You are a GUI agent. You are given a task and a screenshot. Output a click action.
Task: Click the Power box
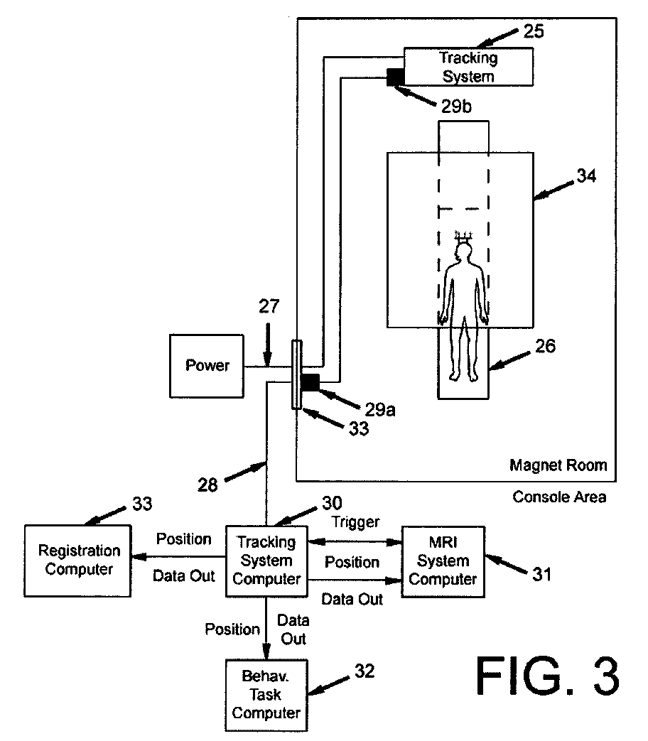click(x=207, y=366)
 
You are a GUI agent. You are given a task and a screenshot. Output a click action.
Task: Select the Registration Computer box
click(x=78, y=561)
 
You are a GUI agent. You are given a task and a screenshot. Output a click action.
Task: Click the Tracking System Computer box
click(x=266, y=561)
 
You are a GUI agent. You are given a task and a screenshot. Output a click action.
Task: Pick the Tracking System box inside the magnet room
click(x=468, y=66)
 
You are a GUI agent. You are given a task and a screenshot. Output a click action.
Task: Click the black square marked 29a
click(x=310, y=382)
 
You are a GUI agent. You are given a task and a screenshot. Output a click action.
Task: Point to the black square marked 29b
click(x=395, y=76)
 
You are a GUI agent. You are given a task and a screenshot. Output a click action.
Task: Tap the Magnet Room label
click(x=558, y=465)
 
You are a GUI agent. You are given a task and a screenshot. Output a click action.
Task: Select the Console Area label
click(x=559, y=497)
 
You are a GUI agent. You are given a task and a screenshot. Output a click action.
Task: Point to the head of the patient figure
click(x=463, y=252)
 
